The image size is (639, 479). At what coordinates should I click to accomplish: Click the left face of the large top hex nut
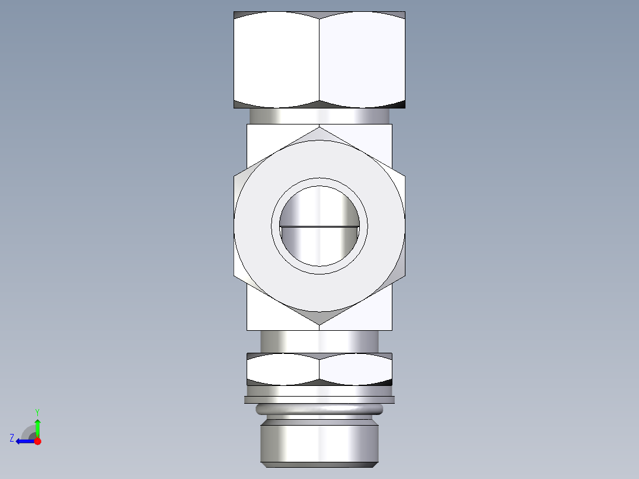click(x=276, y=59)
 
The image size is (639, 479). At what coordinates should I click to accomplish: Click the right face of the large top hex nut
click(x=362, y=59)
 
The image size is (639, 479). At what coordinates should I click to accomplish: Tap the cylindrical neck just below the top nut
click(x=319, y=116)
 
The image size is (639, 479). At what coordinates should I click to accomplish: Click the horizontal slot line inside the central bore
click(x=319, y=226)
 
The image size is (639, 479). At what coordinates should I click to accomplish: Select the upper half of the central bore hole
click(x=319, y=205)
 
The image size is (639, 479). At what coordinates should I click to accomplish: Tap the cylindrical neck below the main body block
click(x=319, y=341)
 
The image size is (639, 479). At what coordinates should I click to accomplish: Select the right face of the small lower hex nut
click(x=356, y=369)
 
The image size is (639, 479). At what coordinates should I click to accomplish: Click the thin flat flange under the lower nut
click(x=319, y=400)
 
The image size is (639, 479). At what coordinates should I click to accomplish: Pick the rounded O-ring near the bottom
click(x=319, y=409)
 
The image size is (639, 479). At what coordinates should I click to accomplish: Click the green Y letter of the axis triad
click(x=37, y=411)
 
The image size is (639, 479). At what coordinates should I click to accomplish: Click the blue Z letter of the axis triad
click(x=12, y=438)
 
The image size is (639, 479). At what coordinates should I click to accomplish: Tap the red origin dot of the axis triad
click(x=37, y=441)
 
